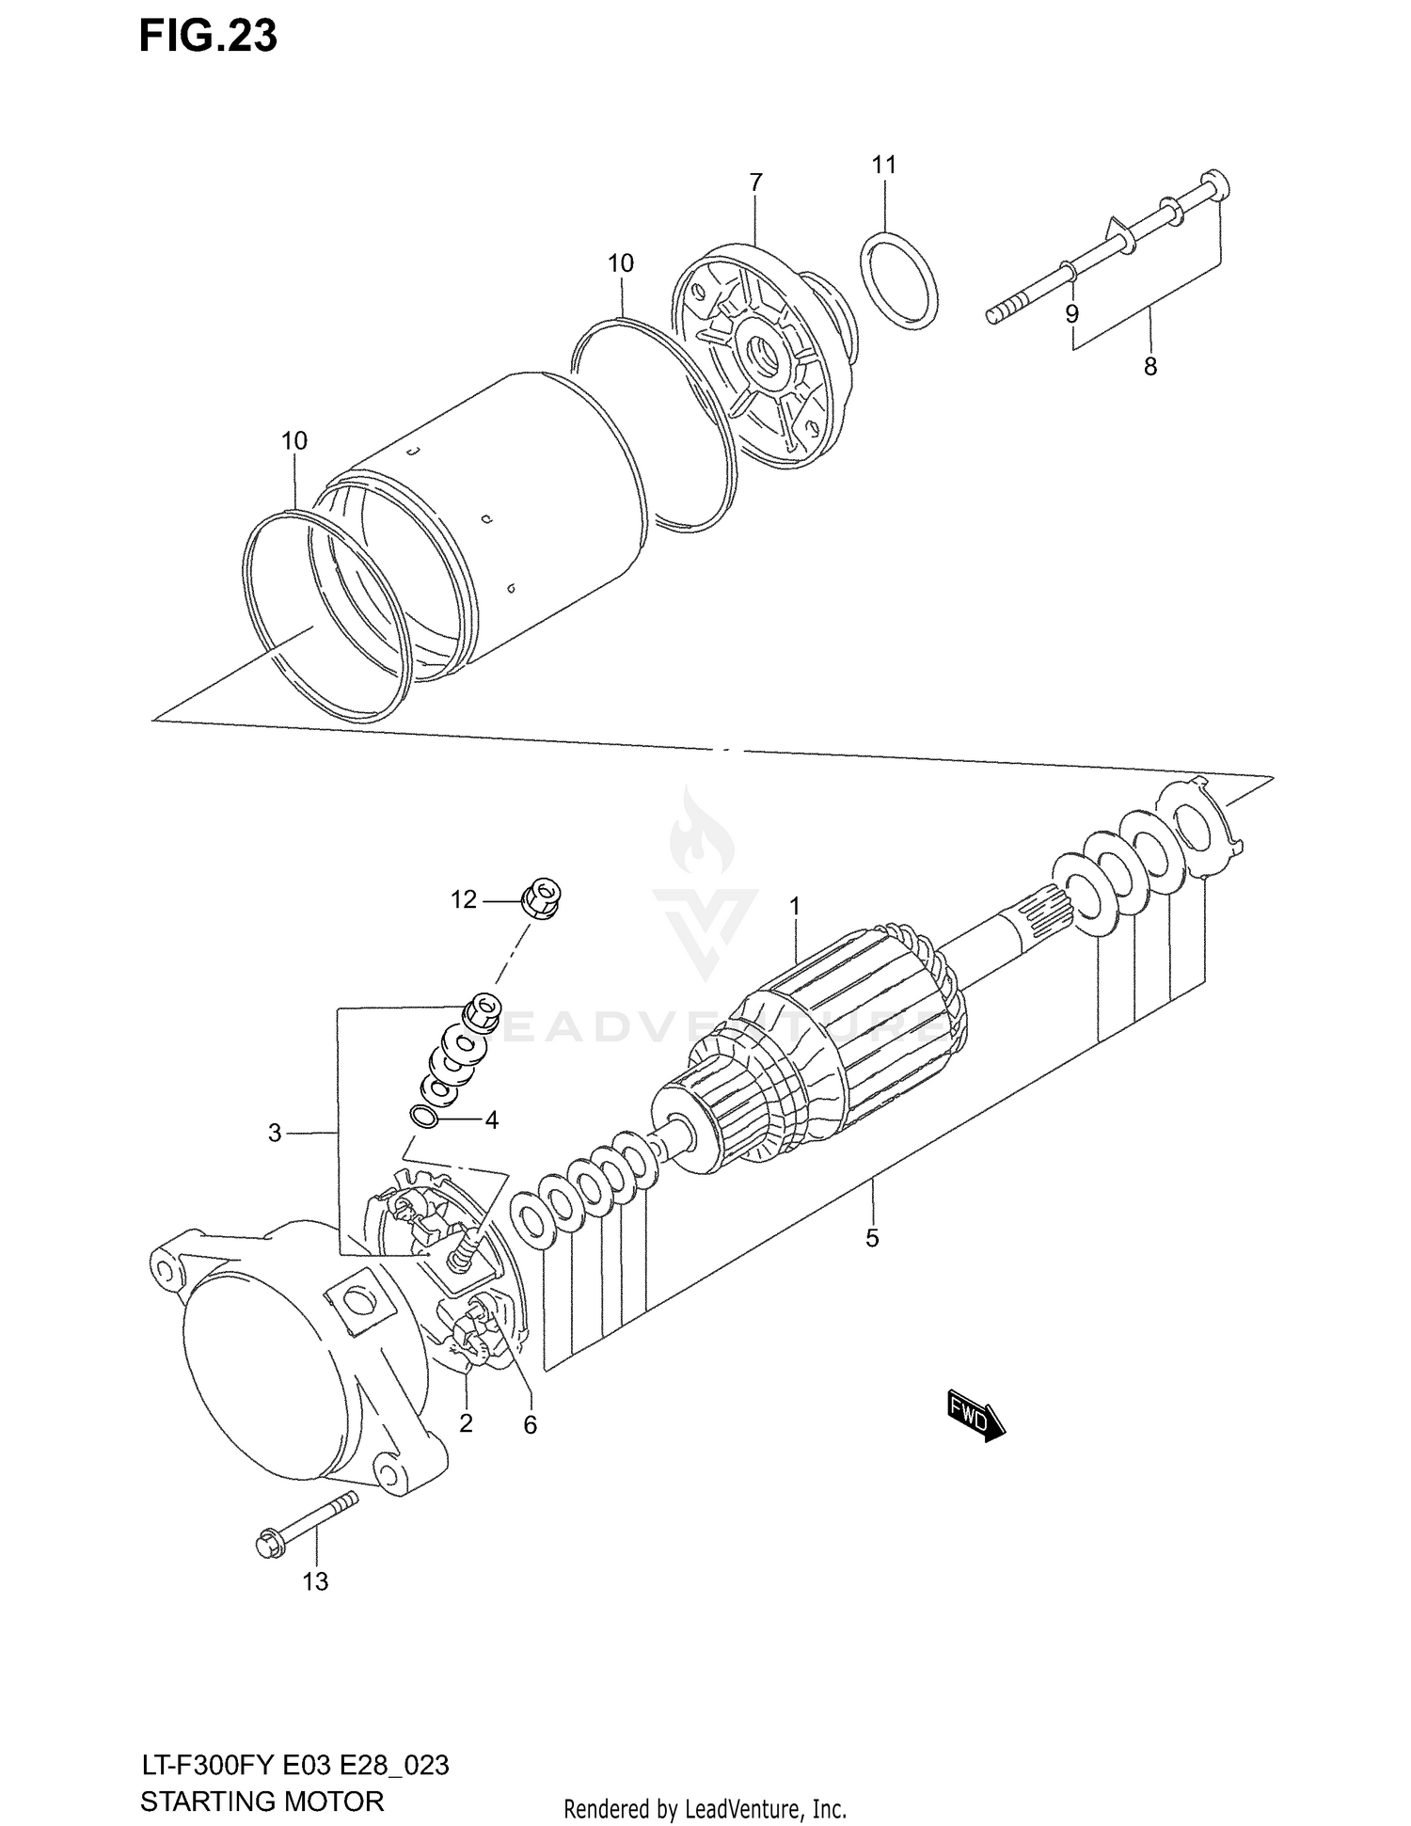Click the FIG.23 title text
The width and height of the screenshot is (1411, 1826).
[x=208, y=36]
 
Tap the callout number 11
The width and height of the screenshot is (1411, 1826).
[x=883, y=166]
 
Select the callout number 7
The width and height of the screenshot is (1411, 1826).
[x=756, y=183]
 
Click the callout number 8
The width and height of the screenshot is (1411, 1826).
[x=1149, y=367]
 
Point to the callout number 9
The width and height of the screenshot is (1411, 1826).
[x=1071, y=313]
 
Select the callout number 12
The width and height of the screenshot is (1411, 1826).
[x=464, y=900]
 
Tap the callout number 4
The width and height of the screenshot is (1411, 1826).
[x=491, y=1120]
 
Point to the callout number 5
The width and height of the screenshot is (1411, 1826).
[x=872, y=1238]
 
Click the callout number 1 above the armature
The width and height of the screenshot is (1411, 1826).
[x=795, y=906]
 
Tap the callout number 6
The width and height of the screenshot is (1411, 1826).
[x=530, y=1425]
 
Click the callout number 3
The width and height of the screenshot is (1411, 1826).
[x=274, y=1134]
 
